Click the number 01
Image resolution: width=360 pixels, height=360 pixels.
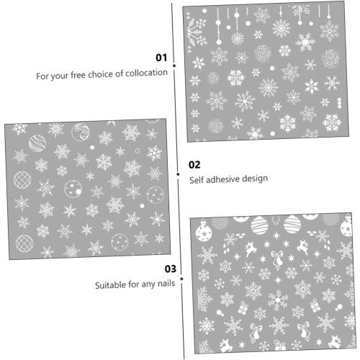click(x=161, y=58)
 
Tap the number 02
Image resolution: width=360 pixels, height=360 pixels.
click(x=194, y=165)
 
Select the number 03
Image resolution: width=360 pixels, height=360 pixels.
click(x=171, y=269)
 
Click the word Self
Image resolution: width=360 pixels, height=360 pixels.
click(x=197, y=180)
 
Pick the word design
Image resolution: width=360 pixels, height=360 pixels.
click(x=255, y=179)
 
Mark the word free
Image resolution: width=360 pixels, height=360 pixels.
click(x=78, y=75)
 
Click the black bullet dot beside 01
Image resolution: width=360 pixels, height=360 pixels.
click(x=174, y=66)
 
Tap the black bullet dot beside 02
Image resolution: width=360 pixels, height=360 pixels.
click(x=178, y=174)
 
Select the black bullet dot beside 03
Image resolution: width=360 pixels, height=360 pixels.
click(x=181, y=279)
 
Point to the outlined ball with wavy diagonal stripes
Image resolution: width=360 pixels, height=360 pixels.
click(x=37, y=143)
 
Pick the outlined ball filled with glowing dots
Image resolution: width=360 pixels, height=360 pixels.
click(x=73, y=189)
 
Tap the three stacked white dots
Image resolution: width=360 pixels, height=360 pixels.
click(x=339, y=103)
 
